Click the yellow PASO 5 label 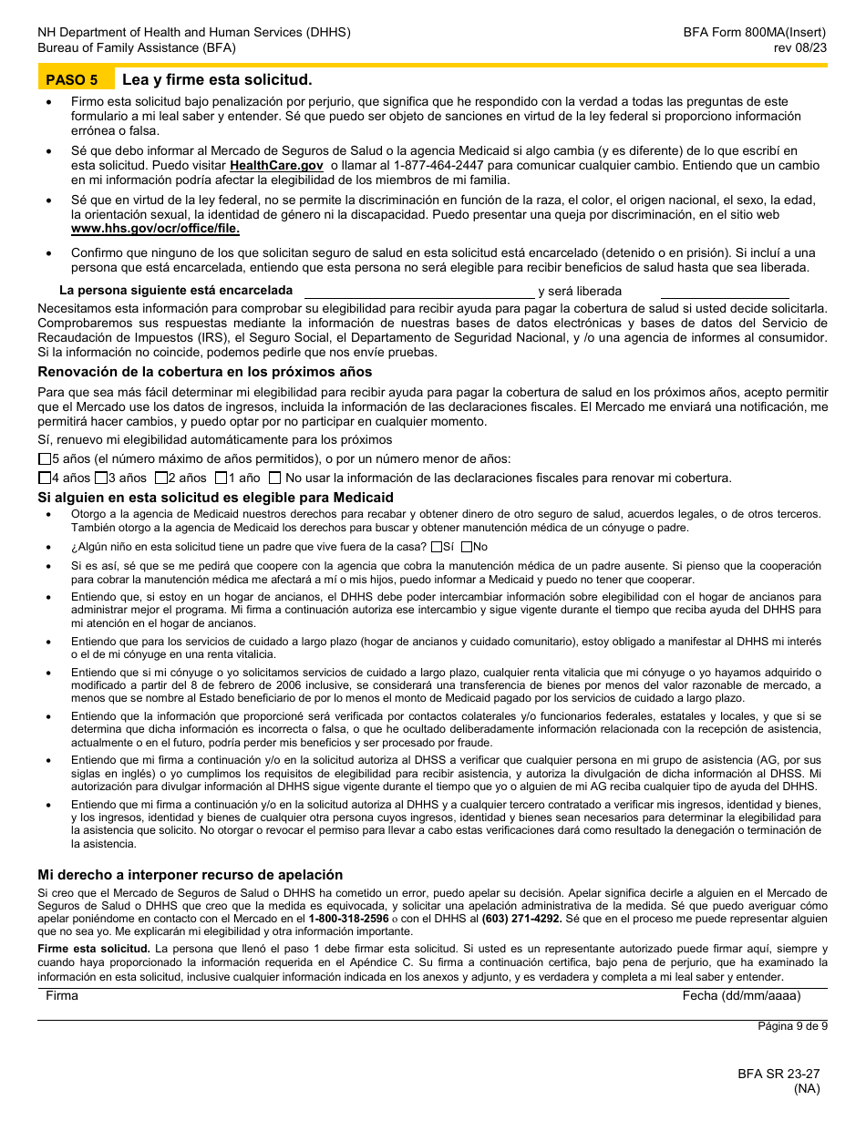tap(72, 79)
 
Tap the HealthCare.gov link tap(276, 166)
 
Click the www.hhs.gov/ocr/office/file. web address tap(155, 229)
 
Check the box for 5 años tap(45, 459)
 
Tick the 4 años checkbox tap(45, 478)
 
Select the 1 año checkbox tap(221, 478)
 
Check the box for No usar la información tap(274, 478)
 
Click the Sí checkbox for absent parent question tap(437, 547)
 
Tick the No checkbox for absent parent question tap(467, 547)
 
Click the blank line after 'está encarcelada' tap(418, 293)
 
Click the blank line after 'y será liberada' tap(725, 293)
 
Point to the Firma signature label tap(62, 996)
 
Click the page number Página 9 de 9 tap(792, 1026)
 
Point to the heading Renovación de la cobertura tap(205, 372)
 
